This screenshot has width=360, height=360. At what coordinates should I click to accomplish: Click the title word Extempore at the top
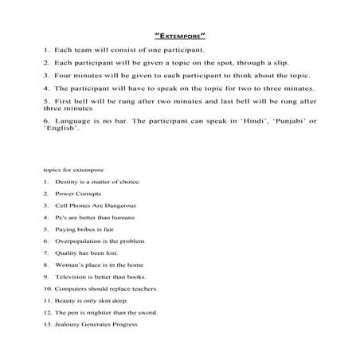(x=179, y=35)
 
